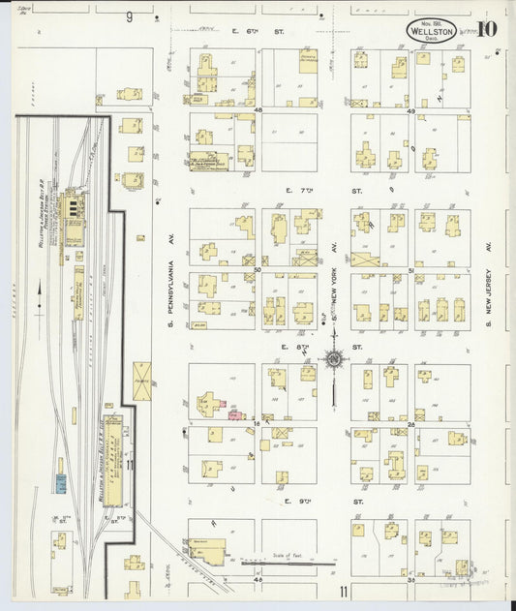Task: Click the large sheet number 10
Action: [x=487, y=27]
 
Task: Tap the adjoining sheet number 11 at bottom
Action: [x=343, y=591]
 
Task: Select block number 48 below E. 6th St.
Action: [x=258, y=111]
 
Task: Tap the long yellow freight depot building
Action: [x=112, y=460]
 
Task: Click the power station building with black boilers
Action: [x=71, y=208]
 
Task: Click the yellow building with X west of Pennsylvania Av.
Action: [x=141, y=381]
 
